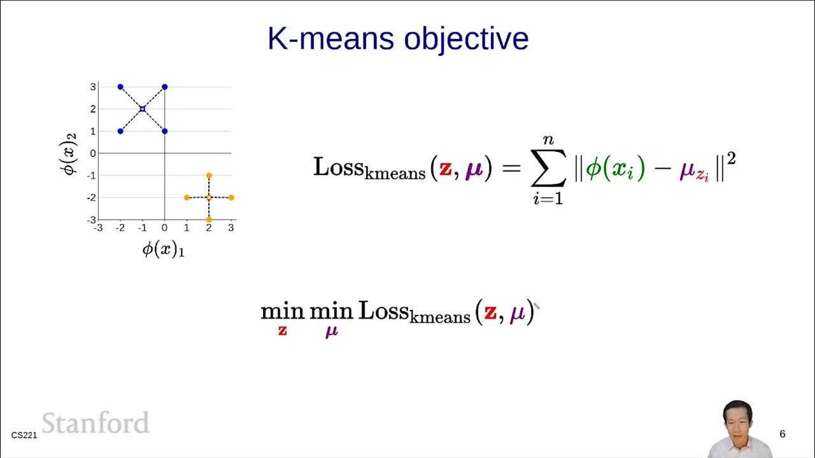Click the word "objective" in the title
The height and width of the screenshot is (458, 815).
(467, 39)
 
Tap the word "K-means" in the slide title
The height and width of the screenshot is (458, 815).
(331, 39)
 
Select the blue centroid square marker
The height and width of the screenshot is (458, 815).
(142, 109)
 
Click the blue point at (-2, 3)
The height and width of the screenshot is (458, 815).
(120, 87)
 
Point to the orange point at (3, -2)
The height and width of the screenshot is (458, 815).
(231, 197)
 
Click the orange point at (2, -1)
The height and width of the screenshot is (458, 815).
(209, 176)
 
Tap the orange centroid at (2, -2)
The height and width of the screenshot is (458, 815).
(209, 197)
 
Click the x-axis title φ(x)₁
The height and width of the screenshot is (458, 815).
(163, 249)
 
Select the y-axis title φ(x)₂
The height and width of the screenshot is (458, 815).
(70, 153)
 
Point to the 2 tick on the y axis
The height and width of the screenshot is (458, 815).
(93, 109)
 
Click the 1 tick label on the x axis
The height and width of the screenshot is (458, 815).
(187, 228)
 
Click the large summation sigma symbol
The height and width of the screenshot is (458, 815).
(548, 169)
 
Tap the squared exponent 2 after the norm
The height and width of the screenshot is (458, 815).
(731, 158)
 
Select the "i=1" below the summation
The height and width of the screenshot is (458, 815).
(548, 199)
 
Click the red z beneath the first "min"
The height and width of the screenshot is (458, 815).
(283, 330)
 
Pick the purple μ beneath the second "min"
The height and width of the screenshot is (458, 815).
(331, 331)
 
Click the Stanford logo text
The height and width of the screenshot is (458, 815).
(96, 423)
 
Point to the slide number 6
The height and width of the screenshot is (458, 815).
(783, 434)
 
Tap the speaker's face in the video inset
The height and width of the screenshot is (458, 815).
(739, 420)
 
